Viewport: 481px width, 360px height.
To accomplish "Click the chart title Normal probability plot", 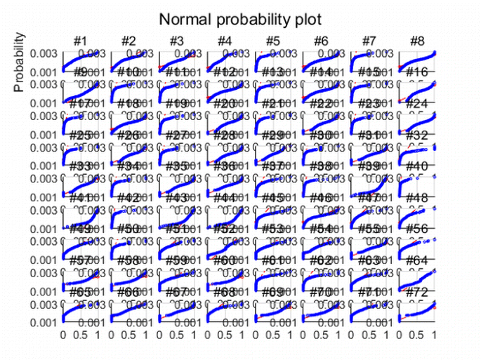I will (x=239, y=19).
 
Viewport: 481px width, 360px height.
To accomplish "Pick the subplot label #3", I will (x=176, y=41).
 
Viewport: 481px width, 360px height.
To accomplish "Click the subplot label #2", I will (x=129, y=41).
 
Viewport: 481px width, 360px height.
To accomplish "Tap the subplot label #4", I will (x=224, y=41).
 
